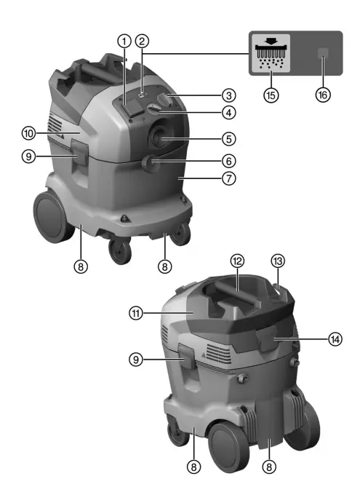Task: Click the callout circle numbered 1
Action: (125, 41)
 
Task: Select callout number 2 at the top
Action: (143, 41)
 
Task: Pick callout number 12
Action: (236, 261)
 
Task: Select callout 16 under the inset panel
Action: (322, 95)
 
